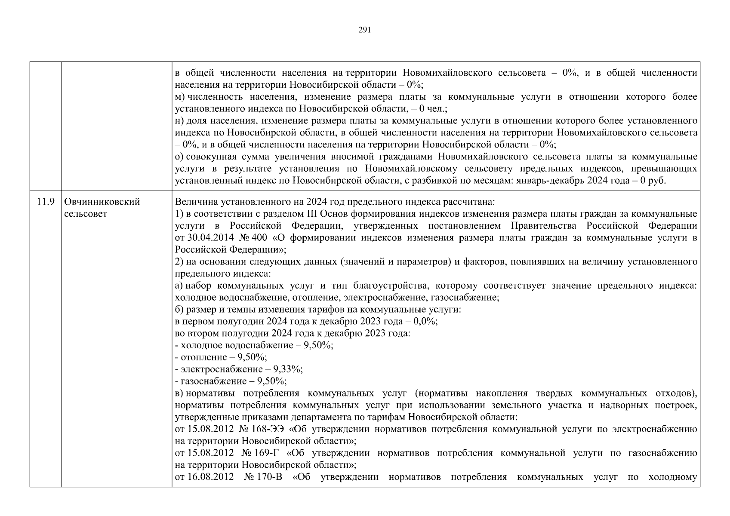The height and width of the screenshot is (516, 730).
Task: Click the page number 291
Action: point(364,30)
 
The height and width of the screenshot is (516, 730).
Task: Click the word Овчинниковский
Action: point(102,202)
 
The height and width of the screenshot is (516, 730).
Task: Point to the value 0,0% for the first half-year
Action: point(425,322)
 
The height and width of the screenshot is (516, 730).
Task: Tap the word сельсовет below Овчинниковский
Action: point(85,214)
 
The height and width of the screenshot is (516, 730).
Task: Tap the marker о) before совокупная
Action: point(179,157)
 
